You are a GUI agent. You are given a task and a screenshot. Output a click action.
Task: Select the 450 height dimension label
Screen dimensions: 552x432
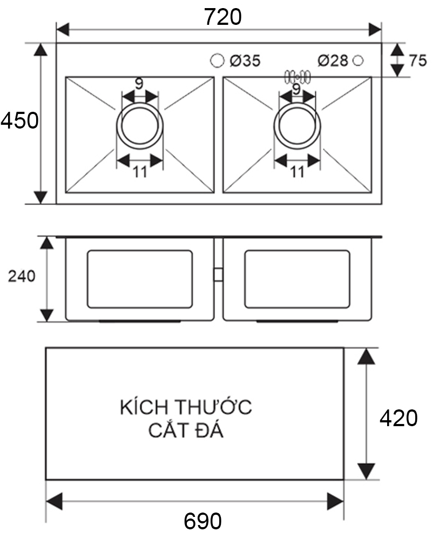tap(19, 121)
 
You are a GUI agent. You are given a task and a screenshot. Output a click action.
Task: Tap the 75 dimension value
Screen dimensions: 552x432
tap(417, 61)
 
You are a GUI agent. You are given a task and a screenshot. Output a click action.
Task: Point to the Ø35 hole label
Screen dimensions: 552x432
tap(245, 61)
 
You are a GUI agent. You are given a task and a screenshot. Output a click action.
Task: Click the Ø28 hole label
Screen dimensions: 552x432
tap(333, 61)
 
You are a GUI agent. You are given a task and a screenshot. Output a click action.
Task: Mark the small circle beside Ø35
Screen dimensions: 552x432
tap(217, 60)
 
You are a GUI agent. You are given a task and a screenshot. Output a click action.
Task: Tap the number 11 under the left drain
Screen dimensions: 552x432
tap(140, 172)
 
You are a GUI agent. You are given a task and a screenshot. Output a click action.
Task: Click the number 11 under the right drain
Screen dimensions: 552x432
tap(298, 172)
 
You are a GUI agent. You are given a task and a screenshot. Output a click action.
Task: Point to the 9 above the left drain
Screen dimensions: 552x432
tap(139, 84)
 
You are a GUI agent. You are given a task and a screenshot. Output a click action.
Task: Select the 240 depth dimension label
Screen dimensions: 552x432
tap(22, 277)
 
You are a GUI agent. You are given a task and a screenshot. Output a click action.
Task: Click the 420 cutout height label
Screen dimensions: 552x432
tap(399, 419)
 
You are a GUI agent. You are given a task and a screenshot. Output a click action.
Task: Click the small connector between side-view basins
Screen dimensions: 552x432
tap(218, 274)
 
